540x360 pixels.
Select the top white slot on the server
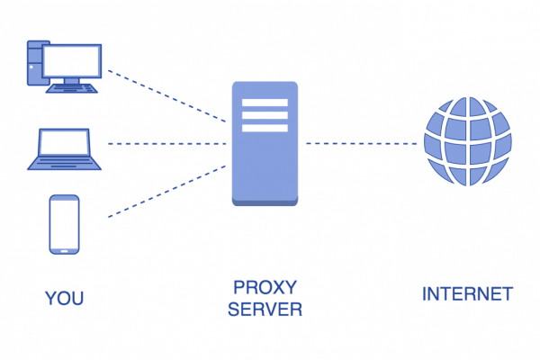(x=265, y=103)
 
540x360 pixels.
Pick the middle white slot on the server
(x=265, y=115)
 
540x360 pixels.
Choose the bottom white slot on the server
(x=265, y=128)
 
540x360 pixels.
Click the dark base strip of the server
(x=265, y=202)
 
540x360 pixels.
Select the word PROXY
(x=265, y=288)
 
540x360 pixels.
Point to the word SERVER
(x=265, y=310)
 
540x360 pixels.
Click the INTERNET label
(x=467, y=294)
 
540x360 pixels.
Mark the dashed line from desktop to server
(x=166, y=94)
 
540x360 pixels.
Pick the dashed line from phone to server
(x=166, y=192)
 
